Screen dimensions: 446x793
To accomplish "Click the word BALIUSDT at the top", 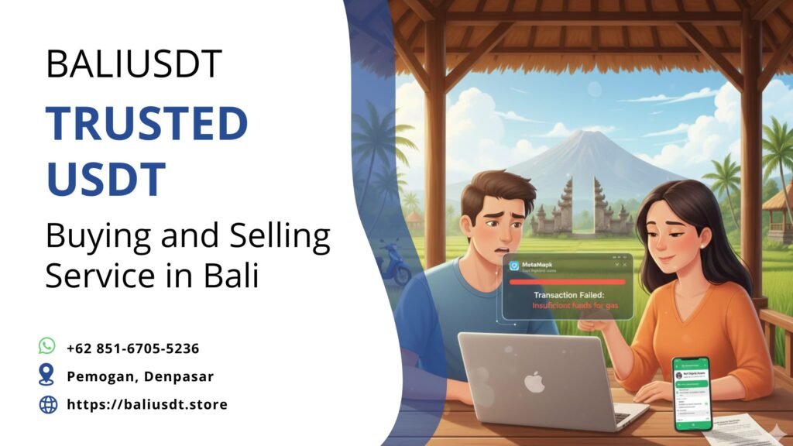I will pos(133,64).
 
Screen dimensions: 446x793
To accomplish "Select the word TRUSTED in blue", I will pos(146,125).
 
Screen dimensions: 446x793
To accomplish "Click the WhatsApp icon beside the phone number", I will pos(48,346).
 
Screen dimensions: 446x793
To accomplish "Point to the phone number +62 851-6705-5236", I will pos(133,348).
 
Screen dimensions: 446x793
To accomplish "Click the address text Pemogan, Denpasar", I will pos(140,376).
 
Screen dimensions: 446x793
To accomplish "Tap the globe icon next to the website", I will pos(48,404).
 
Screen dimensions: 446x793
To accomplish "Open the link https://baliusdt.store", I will pos(147,404).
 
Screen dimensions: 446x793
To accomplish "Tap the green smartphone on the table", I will pos(692,393).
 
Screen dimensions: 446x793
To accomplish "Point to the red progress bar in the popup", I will pos(567,281).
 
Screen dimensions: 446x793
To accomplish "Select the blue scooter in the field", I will pos(394,264).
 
